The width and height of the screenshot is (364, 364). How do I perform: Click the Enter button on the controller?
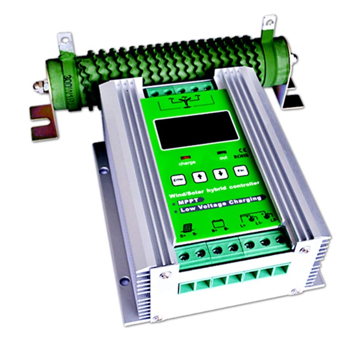(178, 179)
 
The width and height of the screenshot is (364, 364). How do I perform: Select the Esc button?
(240, 170)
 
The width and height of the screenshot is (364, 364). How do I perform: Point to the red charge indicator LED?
(185, 158)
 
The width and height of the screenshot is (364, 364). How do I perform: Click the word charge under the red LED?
(187, 163)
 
